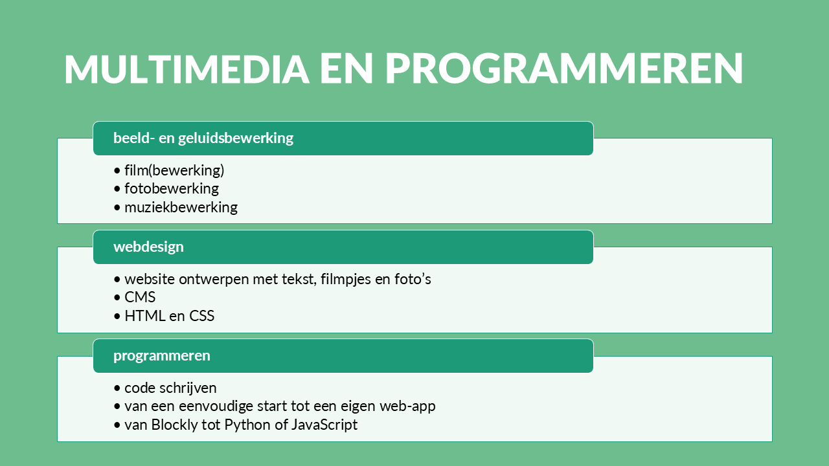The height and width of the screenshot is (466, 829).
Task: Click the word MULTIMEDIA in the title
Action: (x=187, y=69)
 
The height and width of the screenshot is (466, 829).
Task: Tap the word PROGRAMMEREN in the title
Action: (x=564, y=69)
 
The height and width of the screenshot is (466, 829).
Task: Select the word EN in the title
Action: (x=346, y=69)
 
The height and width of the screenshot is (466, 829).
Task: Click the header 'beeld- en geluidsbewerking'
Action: (x=203, y=138)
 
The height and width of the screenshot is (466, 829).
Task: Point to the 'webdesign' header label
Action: (x=148, y=247)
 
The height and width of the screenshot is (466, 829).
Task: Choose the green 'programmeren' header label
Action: (x=162, y=355)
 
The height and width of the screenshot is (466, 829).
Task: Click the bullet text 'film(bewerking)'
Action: (x=174, y=170)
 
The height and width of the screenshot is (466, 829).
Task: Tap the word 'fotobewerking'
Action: (x=172, y=188)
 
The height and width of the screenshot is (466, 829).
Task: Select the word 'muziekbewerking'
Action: (x=181, y=207)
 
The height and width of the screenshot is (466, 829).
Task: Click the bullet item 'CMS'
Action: (x=140, y=297)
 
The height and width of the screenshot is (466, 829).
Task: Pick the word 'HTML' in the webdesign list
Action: (x=144, y=316)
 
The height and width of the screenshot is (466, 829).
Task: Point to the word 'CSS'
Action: (x=201, y=316)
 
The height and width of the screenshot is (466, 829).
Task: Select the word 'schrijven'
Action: (x=188, y=388)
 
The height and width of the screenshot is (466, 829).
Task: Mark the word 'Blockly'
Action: (x=174, y=425)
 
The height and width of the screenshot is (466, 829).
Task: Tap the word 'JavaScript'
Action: (x=324, y=425)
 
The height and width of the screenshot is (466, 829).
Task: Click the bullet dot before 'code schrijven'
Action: (x=117, y=388)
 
